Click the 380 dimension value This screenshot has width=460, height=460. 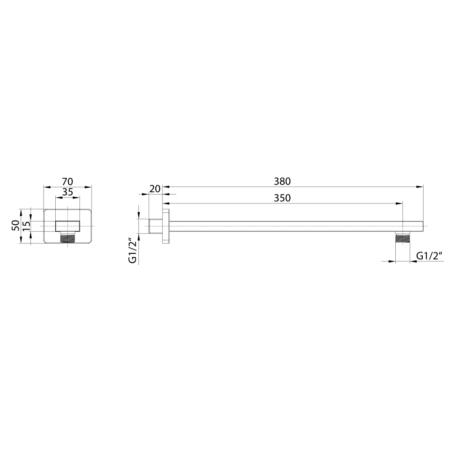pos(282,181)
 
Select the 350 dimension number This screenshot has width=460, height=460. pos(282,198)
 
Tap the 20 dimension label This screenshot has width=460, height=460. pos(155,189)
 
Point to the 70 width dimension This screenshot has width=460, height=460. pos(67,181)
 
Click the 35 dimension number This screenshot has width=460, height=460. pos(67,192)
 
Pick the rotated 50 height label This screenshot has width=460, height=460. pos(16,226)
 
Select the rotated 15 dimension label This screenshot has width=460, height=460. pos(26,226)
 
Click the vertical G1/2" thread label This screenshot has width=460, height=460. pos(133,252)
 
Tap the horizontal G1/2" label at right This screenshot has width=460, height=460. pos(429,256)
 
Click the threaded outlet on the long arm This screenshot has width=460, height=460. pos(403,237)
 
